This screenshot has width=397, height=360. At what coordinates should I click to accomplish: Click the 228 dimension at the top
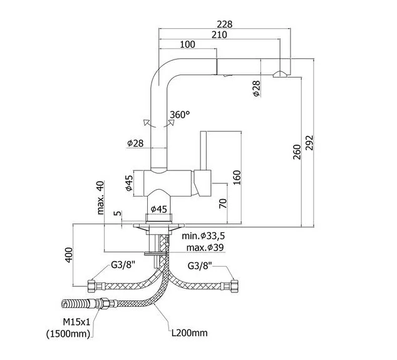[224, 24]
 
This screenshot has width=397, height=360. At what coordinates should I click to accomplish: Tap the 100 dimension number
[187, 44]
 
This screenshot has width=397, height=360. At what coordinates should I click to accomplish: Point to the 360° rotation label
[180, 115]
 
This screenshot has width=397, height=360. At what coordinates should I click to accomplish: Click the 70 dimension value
[223, 203]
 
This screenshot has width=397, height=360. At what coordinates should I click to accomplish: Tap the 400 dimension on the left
[70, 254]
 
